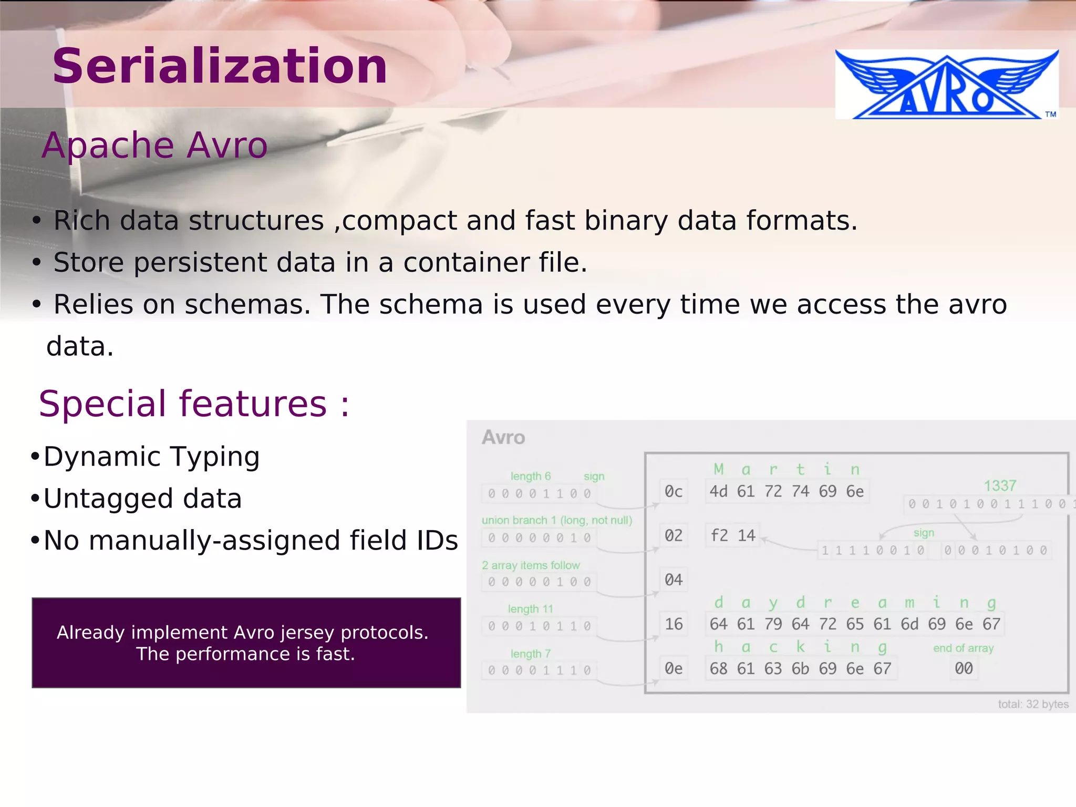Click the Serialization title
[220, 66]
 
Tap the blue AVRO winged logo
[946, 85]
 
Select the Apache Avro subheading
[154, 145]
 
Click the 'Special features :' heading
[194, 404]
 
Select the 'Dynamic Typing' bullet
[151, 457]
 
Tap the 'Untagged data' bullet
[142, 499]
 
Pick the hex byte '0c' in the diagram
[674, 492]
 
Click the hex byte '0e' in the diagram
[674, 669]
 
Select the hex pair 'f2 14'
[732, 536]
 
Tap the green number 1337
[1000, 486]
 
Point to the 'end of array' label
[963, 648]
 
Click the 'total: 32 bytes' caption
[1033, 704]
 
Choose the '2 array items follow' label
[531, 565]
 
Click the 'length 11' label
[530, 609]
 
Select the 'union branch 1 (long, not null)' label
[557, 520]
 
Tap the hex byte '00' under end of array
[964, 669]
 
